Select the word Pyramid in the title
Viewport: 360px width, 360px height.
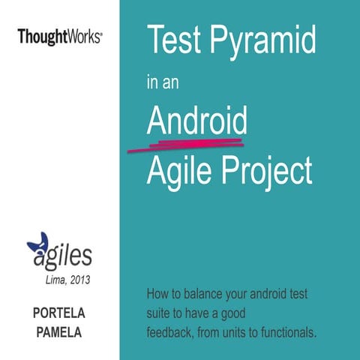tap(266, 42)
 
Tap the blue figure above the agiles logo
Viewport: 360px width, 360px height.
tap(37, 244)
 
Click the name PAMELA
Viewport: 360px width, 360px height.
tap(59, 330)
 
